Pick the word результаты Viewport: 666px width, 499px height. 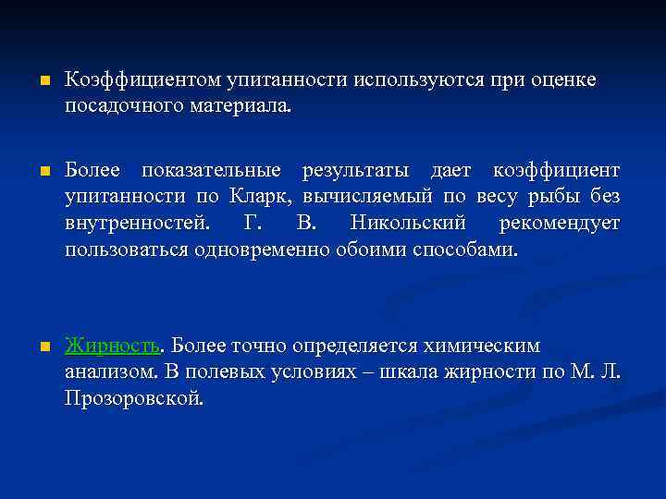(347, 173)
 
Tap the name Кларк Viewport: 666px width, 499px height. (262, 198)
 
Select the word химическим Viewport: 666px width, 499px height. (486, 347)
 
